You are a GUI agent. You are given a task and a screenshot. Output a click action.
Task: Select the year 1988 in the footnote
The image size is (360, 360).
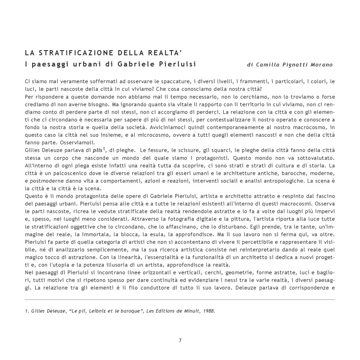(207, 311)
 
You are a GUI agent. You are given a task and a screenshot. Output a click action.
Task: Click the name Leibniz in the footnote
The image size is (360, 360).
(102, 311)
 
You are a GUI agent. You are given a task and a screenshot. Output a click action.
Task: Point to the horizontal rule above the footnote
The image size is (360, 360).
(180, 299)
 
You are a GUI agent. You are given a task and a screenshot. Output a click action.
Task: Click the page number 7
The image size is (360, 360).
(180, 341)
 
